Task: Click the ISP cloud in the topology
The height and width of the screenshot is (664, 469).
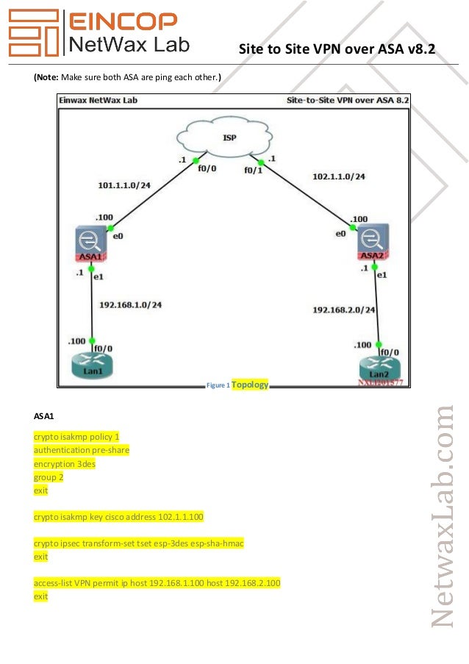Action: (224, 137)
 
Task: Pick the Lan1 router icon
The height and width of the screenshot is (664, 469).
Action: (92, 365)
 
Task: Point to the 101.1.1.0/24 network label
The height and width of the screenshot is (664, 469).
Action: (124, 185)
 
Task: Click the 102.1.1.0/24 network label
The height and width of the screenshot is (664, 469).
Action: (339, 176)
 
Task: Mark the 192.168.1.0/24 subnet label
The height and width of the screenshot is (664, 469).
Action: (131, 304)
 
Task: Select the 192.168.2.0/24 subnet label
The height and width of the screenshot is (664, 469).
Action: (343, 310)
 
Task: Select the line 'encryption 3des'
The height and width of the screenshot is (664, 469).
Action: (65, 464)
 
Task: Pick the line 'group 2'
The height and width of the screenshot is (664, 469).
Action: (49, 477)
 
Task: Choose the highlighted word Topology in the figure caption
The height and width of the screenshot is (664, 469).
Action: (250, 384)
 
